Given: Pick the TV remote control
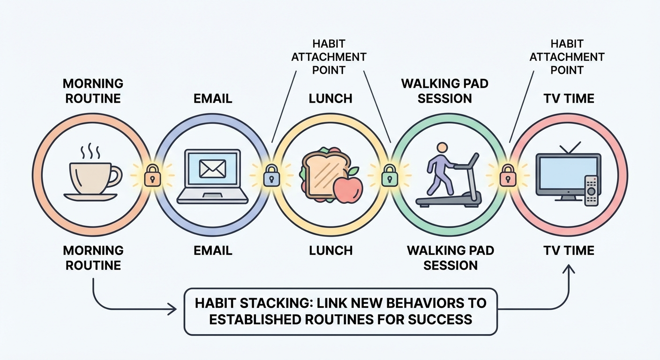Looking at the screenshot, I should (x=592, y=191).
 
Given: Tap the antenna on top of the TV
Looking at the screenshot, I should (x=569, y=148).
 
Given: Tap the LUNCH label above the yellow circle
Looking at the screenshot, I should (x=330, y=98).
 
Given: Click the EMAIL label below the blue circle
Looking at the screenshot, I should (x=213, y=250).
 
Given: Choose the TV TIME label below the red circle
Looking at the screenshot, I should (x=569, y=250).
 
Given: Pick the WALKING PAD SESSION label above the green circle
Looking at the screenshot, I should (x=444, y=91).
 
